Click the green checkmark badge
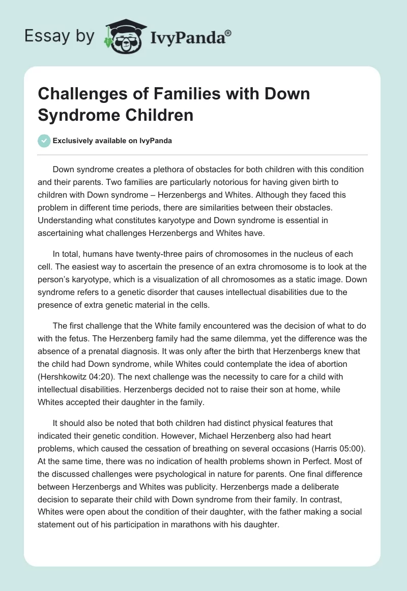[x=44, y=141]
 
